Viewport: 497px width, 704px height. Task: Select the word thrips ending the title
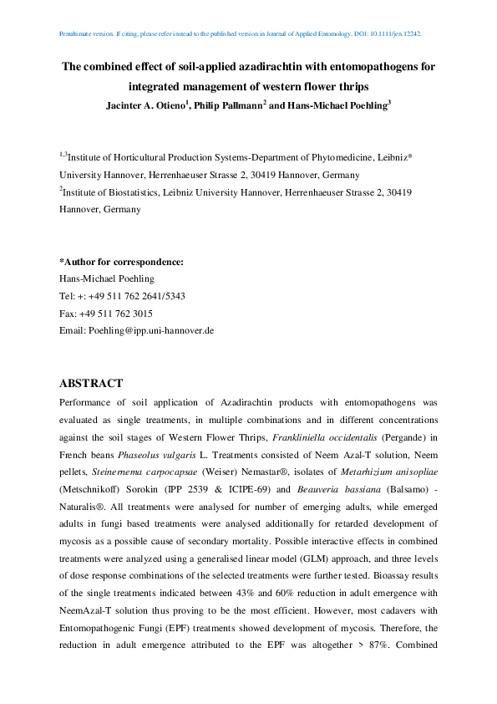click(348, 85)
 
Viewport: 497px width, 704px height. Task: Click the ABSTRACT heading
click(91, 384)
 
